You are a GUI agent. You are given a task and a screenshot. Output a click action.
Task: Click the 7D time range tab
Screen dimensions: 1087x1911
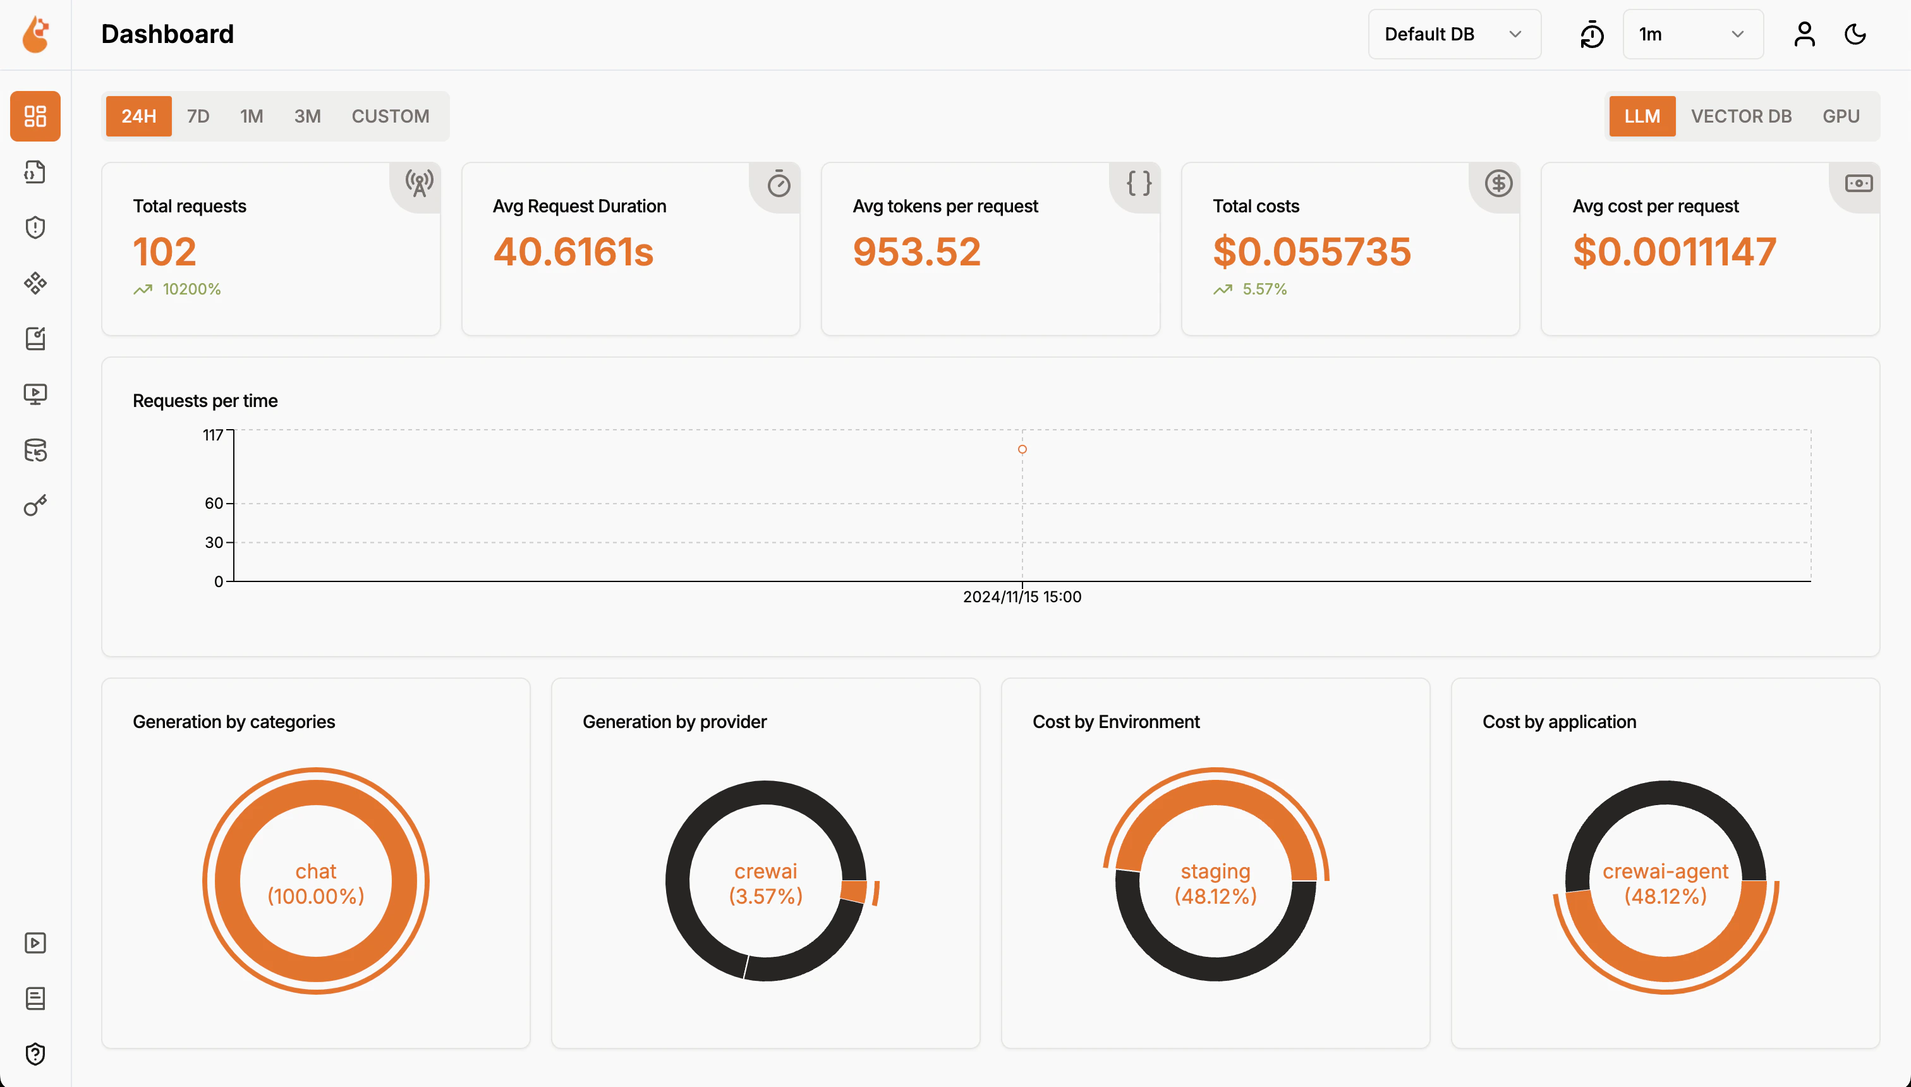point(198,116)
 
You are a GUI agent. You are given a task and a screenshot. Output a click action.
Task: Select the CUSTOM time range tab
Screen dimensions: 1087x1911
point(391,116)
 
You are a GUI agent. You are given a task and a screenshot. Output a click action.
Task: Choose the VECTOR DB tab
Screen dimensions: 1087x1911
point(1741,116)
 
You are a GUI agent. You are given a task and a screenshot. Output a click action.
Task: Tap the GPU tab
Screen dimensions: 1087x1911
point(1841,116)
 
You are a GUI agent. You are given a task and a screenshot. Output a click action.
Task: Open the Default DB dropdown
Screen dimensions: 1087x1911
point(1453,34)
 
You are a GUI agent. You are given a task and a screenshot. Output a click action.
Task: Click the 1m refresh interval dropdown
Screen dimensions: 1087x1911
point(1692,34)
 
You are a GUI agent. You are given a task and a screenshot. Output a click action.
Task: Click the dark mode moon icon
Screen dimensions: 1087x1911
point(1855,34)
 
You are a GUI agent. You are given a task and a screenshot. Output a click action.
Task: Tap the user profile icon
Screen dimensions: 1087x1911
point(1804,34)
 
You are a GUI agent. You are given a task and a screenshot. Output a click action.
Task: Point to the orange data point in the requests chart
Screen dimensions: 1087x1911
point(1022,449)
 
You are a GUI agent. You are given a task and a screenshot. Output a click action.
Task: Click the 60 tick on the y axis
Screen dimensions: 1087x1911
point(214,503)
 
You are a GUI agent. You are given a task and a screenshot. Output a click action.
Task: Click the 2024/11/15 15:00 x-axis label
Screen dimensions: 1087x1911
point(1022,597)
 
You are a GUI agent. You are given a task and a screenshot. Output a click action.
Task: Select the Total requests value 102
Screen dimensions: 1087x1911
point(164,252)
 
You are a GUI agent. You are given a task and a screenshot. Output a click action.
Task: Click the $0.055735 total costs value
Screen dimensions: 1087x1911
point(1311,252)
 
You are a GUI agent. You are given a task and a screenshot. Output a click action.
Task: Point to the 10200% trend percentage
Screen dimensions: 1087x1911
point(191,289)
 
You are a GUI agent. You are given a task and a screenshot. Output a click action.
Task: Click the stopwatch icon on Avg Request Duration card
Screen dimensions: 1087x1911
point(779,184)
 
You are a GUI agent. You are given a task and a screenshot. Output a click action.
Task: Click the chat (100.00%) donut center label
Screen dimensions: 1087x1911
point(316,884)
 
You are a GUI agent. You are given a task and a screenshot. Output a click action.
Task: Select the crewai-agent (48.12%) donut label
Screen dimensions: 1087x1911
point(1665,884)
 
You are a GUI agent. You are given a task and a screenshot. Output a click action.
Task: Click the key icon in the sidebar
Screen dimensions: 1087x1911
point(35,506)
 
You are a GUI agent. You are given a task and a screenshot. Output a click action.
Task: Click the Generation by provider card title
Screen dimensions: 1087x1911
point(674,722)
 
